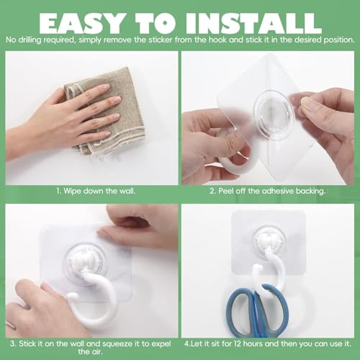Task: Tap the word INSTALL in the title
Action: pos(253,23)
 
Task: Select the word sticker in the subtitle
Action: pos(161,40)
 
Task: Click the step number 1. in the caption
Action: pos(59,192)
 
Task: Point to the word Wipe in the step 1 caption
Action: pos(72,192)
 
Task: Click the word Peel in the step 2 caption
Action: pos(225,192)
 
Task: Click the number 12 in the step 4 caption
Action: pos(237,343)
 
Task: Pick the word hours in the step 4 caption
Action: pos(253,343)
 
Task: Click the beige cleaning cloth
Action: pos(106,113)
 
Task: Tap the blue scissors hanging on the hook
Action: pos(257,310)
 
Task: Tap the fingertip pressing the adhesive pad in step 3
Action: pos(106,233)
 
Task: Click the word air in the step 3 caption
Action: pos(97,352)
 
